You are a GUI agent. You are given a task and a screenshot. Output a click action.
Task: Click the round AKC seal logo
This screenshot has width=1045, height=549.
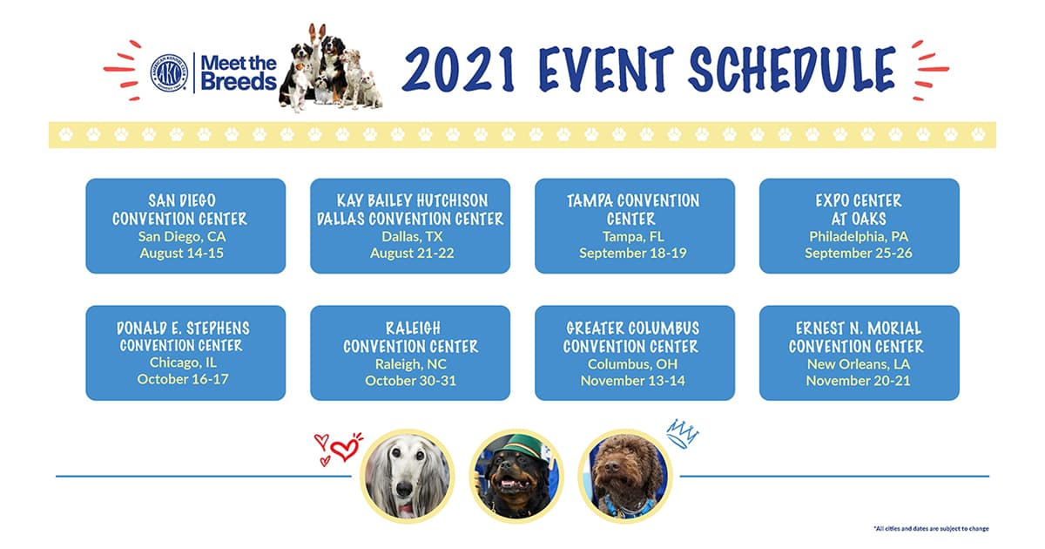[169, 73]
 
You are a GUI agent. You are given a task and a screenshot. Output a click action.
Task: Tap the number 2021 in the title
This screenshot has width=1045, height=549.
[459, 69]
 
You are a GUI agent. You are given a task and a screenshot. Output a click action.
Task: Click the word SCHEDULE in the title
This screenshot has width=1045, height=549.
[792, 69]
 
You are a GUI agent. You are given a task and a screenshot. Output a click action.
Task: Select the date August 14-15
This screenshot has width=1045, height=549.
[181, 253]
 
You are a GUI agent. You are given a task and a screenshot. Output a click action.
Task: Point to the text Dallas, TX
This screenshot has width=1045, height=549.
[411, 237]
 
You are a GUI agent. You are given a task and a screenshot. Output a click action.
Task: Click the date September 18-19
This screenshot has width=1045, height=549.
[632, 253]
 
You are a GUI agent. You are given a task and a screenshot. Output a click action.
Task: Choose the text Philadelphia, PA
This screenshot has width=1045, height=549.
[859, 237]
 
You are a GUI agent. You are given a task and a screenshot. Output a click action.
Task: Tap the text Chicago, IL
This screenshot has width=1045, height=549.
[183, 363]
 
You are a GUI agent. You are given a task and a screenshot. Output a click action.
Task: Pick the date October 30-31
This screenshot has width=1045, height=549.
[410, 381]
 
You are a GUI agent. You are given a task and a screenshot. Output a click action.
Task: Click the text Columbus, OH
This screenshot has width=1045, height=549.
[632, 364]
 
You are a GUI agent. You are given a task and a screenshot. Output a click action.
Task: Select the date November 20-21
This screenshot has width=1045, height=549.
[858, 381]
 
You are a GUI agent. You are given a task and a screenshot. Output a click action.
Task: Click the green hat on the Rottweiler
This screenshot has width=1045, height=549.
[516, 446]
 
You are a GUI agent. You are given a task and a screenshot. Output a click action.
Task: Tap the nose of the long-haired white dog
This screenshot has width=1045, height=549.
[404, 489]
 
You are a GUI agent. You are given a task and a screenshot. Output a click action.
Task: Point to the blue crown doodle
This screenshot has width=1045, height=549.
[682, 433]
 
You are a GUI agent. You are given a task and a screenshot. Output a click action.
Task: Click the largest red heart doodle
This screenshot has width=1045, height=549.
[346, 448]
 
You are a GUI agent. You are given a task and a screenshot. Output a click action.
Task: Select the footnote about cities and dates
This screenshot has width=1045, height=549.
[931, 529]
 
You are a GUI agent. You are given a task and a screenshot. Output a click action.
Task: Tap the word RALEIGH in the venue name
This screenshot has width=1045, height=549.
[413, 329]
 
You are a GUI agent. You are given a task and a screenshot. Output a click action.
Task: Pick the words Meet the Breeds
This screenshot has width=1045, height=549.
[239, 73]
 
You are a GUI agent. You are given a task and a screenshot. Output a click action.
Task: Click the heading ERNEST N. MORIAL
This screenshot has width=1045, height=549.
[859, 329]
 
